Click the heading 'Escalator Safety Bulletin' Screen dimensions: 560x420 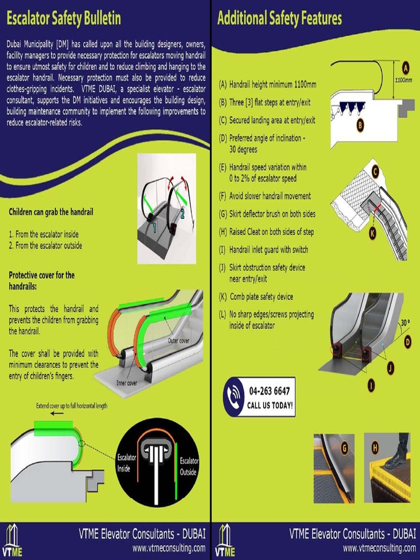click(63, 19)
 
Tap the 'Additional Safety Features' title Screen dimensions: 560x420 click(279, 19)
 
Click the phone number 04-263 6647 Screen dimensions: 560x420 click(269, 392)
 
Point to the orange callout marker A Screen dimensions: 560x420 click(405, 68)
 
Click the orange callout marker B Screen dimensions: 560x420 click(360, 125)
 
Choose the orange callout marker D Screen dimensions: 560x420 click(407, 342)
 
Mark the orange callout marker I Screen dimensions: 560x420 click(371, 386)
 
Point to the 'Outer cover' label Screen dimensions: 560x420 click(179, 341)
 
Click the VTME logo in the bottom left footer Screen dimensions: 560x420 click(11, 541)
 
